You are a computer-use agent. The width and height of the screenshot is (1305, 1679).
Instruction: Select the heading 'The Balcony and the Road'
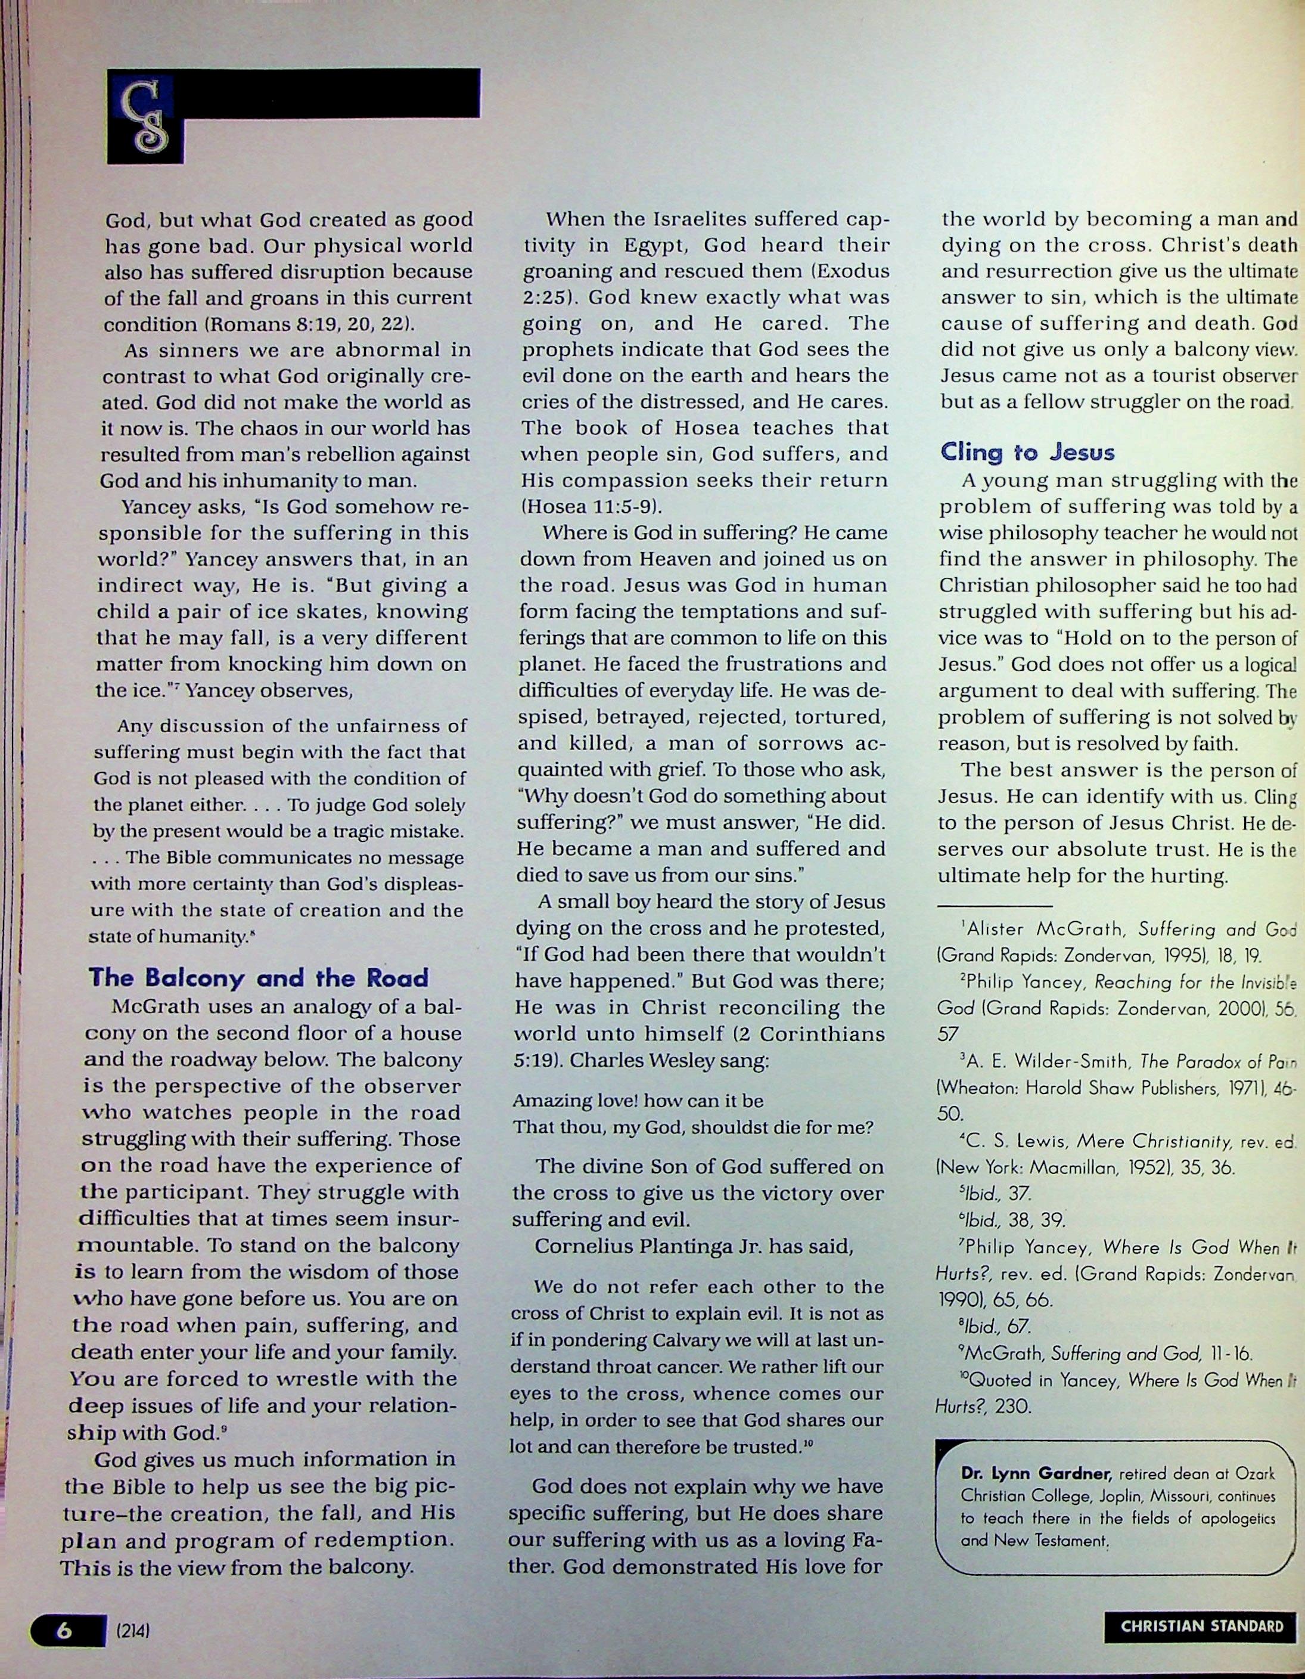258,978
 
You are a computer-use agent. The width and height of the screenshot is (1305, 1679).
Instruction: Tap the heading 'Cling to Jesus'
1027,451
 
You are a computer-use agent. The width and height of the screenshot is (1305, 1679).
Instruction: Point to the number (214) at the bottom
132,1628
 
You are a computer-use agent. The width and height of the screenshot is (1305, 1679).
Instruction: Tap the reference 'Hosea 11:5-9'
591,507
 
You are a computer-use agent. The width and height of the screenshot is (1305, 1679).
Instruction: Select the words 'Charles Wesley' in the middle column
632,1060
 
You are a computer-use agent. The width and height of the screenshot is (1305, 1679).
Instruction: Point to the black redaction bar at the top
331,93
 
